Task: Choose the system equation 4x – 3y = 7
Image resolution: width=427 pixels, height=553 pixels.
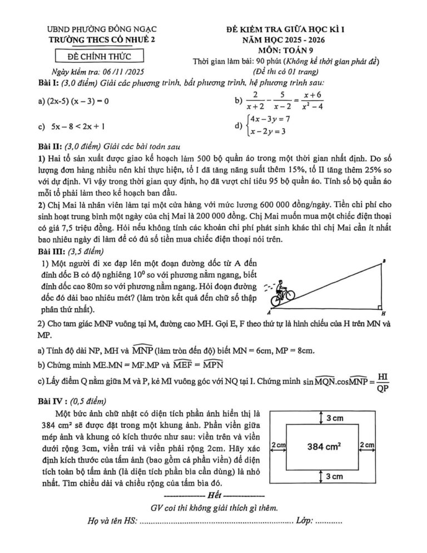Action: tap(270, 119)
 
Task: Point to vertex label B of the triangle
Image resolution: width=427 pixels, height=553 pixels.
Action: tap(384, 261)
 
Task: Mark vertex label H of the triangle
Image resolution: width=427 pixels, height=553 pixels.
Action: tap(384, 313)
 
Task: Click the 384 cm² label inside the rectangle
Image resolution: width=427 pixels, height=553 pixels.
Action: tap(324, 446)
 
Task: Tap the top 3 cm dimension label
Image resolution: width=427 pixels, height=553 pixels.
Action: tap(335, 418)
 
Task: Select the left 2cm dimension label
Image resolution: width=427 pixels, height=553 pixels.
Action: tap(278, 445)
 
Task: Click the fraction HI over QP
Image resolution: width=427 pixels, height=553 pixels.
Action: tap(382, 382)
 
